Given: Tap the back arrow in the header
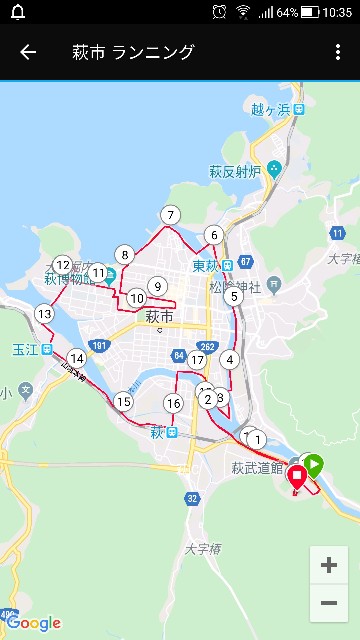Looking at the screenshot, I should tap(28, 52).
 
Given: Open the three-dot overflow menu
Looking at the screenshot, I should tap(338, 52).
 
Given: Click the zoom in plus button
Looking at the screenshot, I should tap(328, 565).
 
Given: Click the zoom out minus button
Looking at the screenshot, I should tap(328, 602).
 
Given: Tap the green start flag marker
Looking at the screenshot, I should tap(314, 464).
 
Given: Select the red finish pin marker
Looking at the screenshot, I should tap(297, 479).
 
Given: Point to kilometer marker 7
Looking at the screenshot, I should tap(171, 215).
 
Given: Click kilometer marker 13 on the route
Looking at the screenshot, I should tap(44, 314).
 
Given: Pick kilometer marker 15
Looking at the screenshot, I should tap(123, 402).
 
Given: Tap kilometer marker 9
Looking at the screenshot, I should tap(157, 286).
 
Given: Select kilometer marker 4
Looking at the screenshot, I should tap(231, 360).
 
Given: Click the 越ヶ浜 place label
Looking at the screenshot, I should tap(270, 109).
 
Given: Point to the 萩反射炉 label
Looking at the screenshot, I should tap(235, 170).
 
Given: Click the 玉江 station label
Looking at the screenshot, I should tap(25, 350).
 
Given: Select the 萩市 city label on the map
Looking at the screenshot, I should tap(159, 317).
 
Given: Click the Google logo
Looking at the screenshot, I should tap(33, 623).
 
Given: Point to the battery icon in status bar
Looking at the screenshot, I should tap(309, 12).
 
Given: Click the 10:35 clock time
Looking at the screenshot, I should tap(338, 12).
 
